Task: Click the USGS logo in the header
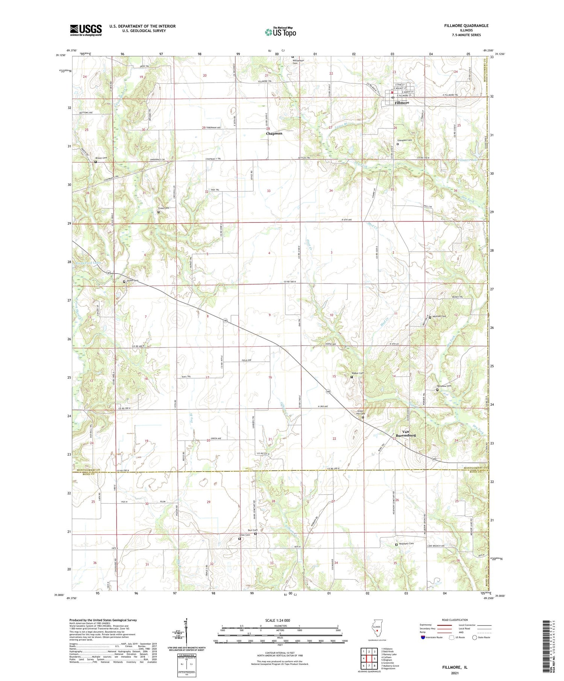tap(86, 30)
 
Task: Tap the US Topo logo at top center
tap(280, 32)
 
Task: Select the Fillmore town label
tap(402, 103)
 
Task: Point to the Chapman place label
tap(274, 133)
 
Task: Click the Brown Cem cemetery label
tap(101, 158)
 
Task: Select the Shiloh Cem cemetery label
tap(132, 280)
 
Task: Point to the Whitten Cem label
tap(439, 316)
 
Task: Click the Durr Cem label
tap(252, 530)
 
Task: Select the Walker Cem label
tap(358, 373)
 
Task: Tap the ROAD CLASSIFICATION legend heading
tap(455, 620)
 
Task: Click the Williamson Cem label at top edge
tap(298, 61)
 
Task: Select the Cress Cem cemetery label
tap(163, 208)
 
